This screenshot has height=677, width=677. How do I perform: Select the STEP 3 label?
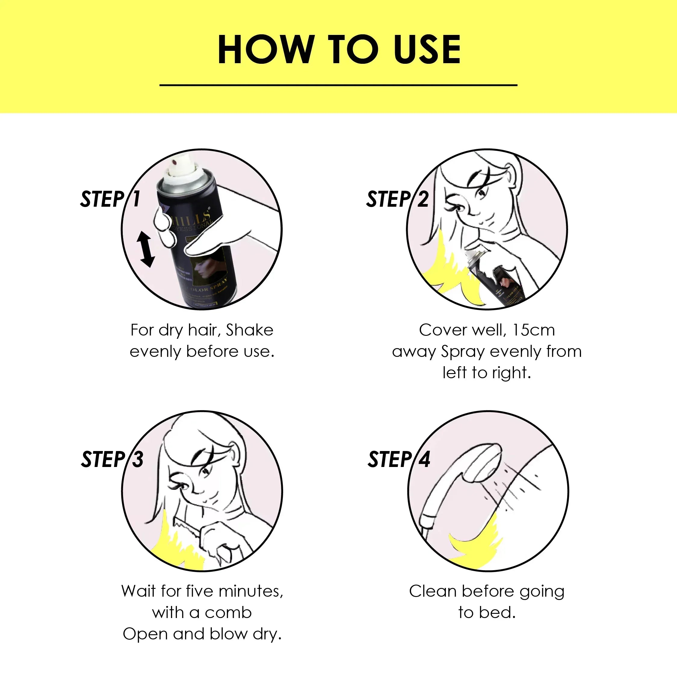click(x=112, y=459)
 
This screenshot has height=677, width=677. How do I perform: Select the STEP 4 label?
click(x=398, y=459)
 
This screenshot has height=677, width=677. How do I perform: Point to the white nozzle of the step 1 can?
click(x=181, y=168)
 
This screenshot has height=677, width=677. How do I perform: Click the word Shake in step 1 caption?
click(x=249, y=330)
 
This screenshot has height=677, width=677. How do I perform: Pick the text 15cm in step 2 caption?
click(x=533, y=330)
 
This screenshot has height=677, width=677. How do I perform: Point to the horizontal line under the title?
click(x=338, y=85)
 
